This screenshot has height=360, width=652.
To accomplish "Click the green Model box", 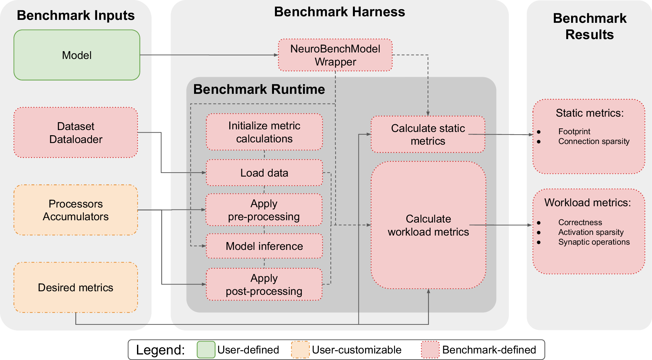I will pyautogui.click(x=77, y=55).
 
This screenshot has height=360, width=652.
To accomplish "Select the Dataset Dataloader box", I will pyautogui.click(x=76, y=133).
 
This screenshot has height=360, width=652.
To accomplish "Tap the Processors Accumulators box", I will pyautogui.click(x=76, y=210).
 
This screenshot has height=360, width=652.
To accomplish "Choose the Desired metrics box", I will pyautogui.click(x=76, y=287).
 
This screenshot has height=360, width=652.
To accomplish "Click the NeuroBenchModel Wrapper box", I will pyautogui.click(x=335, y=55).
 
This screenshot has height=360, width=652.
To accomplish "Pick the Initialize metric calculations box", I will pyautogui.click(x=264, y=132).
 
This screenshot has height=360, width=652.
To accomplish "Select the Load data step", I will pyautogui.click(x=264, y=173).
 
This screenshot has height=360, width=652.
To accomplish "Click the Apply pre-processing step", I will pyautogui.click(x=264, y=210).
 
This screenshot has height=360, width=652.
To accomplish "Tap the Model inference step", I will pyautogui.click(x=264, y=246).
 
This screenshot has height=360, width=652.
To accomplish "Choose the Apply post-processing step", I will pyautogui.click(x=264, y=284).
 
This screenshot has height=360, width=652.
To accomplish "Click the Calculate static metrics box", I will pyautogui.click(x=428, y=134).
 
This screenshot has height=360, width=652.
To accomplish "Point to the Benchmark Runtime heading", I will pyautogui.click(x=259, y=89).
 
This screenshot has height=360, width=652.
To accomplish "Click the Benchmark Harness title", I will pyautogui.click(x=339, y=12).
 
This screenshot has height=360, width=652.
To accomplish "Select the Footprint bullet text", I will pyautogui.click(x=574, y=132).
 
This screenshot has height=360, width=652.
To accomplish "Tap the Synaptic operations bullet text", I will pyautogui.click(x=594, y=242).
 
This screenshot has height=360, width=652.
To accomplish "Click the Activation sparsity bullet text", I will pyautogui.click(x=591, y=232).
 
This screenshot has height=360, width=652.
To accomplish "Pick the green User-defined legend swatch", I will pyautogui.click(x=206, y=350).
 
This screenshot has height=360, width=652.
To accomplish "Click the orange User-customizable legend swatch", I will pyautogui.click(x=300, y=350).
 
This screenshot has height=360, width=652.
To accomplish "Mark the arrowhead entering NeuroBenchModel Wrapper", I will pyautogui.click(x=276, y=55).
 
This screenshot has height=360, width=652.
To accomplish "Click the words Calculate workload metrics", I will pyautogui.click(x=428, y=225).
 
